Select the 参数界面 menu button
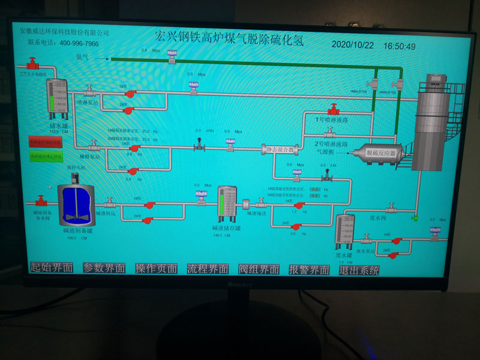click(x=104, y=269)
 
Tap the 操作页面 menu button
click(x=156, y=269)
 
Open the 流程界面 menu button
click(x=208, y=269)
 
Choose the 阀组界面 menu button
click(x=259, y=270)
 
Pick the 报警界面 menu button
click(x=309, y=270)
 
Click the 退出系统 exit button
click(x=359, y=270)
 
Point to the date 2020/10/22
click(x=352, y=46)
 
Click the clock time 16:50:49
click(x=400, y=46)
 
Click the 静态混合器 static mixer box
click(x=280, y=149)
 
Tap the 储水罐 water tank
click(x=59, y=98)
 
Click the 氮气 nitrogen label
click(x=82, y=58)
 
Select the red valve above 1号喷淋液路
click(x=333, y=110)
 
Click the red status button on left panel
click(x=46, y=142)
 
